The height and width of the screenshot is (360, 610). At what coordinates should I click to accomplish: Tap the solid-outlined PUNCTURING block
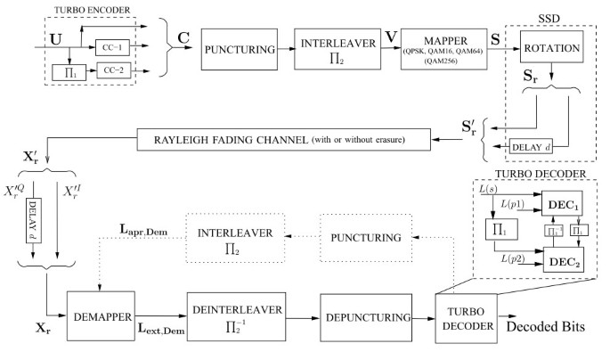coord(240,55)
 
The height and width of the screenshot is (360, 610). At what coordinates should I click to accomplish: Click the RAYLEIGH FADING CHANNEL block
coord(284,139)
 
